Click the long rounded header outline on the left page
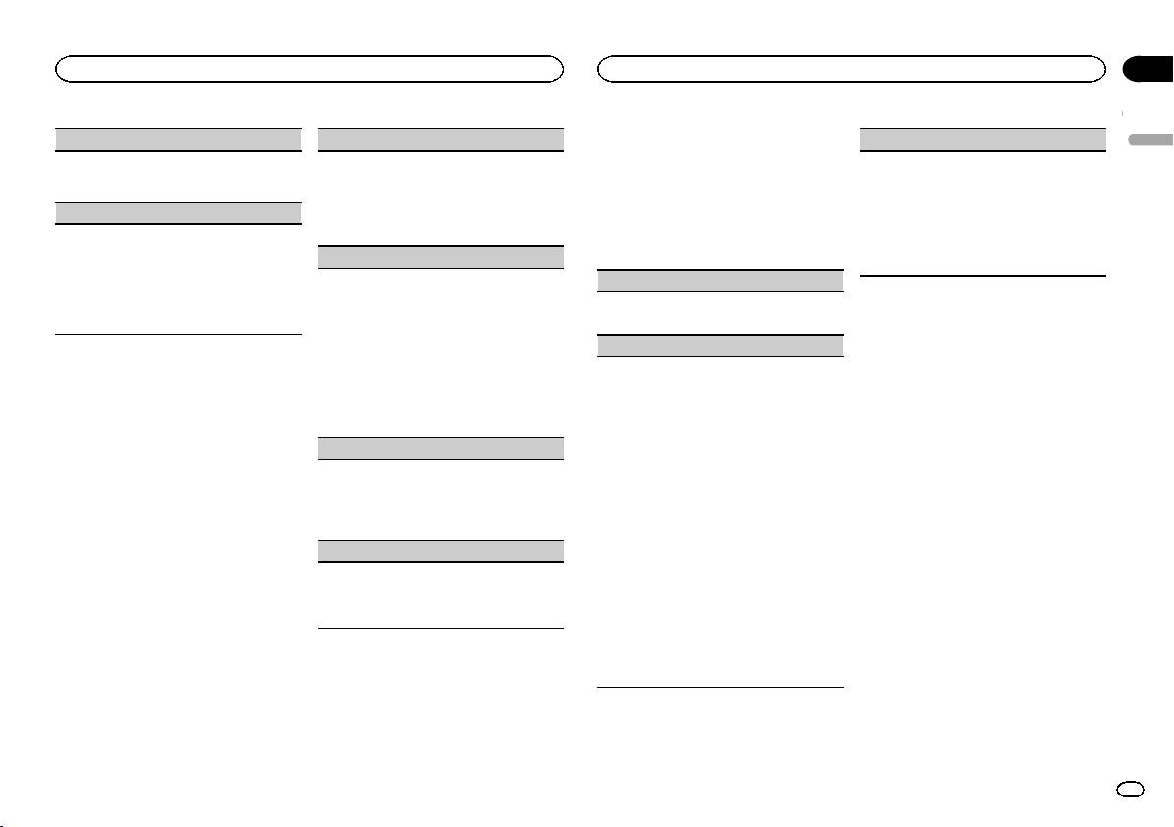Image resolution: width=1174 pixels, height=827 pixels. click(309, 68)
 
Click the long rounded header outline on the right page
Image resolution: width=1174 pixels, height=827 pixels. click(851, 68)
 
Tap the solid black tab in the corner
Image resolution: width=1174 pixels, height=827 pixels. click(1147, 68)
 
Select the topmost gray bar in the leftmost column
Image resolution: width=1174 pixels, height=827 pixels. click(177, 139)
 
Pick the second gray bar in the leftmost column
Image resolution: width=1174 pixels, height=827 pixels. click(177, 213)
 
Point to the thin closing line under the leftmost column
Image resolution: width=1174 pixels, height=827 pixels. click(177, 335)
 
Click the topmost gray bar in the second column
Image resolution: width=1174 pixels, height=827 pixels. click(441, 139)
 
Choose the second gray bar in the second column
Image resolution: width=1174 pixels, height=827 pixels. click(441, 257)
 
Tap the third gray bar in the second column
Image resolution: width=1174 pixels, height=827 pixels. click(441, 448)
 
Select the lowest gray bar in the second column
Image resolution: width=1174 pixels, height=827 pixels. click(441, 551)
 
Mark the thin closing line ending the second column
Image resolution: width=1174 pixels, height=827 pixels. click(441, 629)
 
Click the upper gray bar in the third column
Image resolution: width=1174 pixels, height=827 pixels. click(721, 281)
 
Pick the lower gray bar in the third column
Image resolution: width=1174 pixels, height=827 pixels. click(721, 346)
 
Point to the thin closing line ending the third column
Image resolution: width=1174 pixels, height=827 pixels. click(721, 687)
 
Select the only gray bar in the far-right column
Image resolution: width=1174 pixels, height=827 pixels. click(983, 139)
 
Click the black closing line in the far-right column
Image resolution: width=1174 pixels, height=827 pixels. click(983, 276)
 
